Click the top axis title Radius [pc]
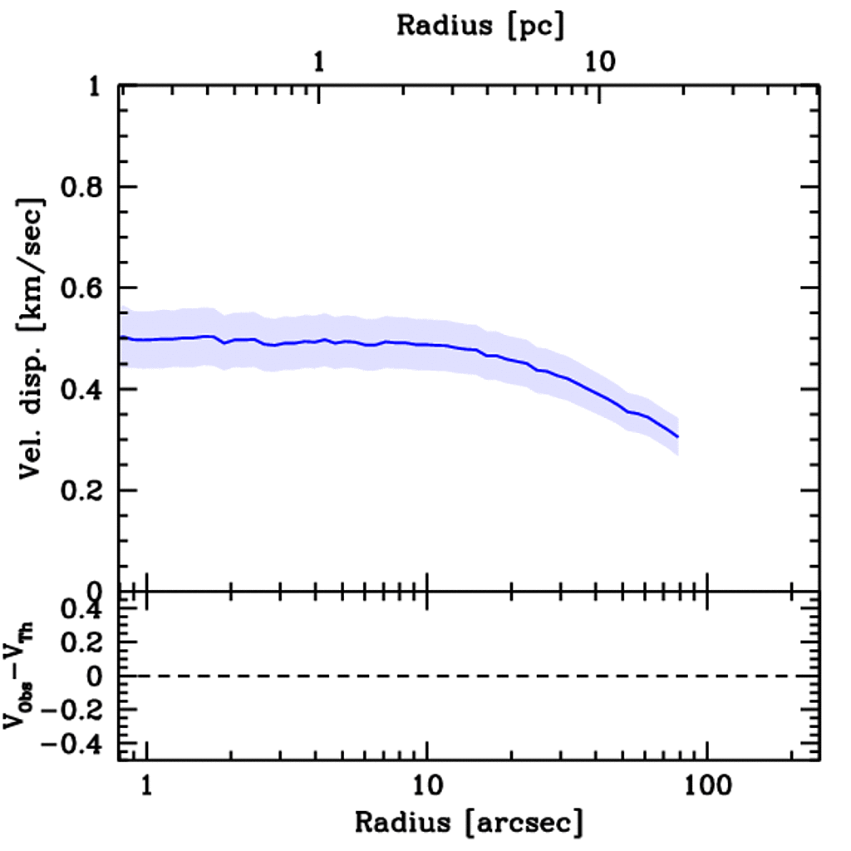coord(480,25)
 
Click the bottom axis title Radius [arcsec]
coord(469,822)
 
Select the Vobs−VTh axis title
coord(23,676)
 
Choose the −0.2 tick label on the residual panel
coord(73,711)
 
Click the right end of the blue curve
coord(678,436)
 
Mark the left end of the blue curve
coord(121,337)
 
